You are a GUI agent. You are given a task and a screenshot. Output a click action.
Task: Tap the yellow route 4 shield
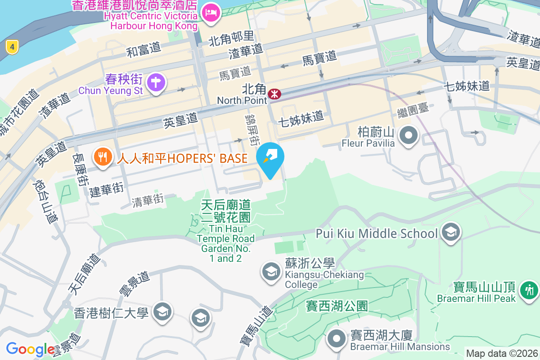click(12, 46)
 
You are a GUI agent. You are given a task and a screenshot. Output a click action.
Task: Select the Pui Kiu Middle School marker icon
click(450, 233)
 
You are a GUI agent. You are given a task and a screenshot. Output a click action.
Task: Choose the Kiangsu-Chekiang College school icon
click(271, 272)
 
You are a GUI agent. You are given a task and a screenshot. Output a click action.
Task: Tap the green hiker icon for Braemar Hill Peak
click(529, 290)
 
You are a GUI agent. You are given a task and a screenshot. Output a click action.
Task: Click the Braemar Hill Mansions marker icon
click(336, 340)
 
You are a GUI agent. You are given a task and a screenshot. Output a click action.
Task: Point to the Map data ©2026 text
click(502, 353)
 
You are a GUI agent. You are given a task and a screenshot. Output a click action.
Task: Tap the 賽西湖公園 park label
click(337, 306)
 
